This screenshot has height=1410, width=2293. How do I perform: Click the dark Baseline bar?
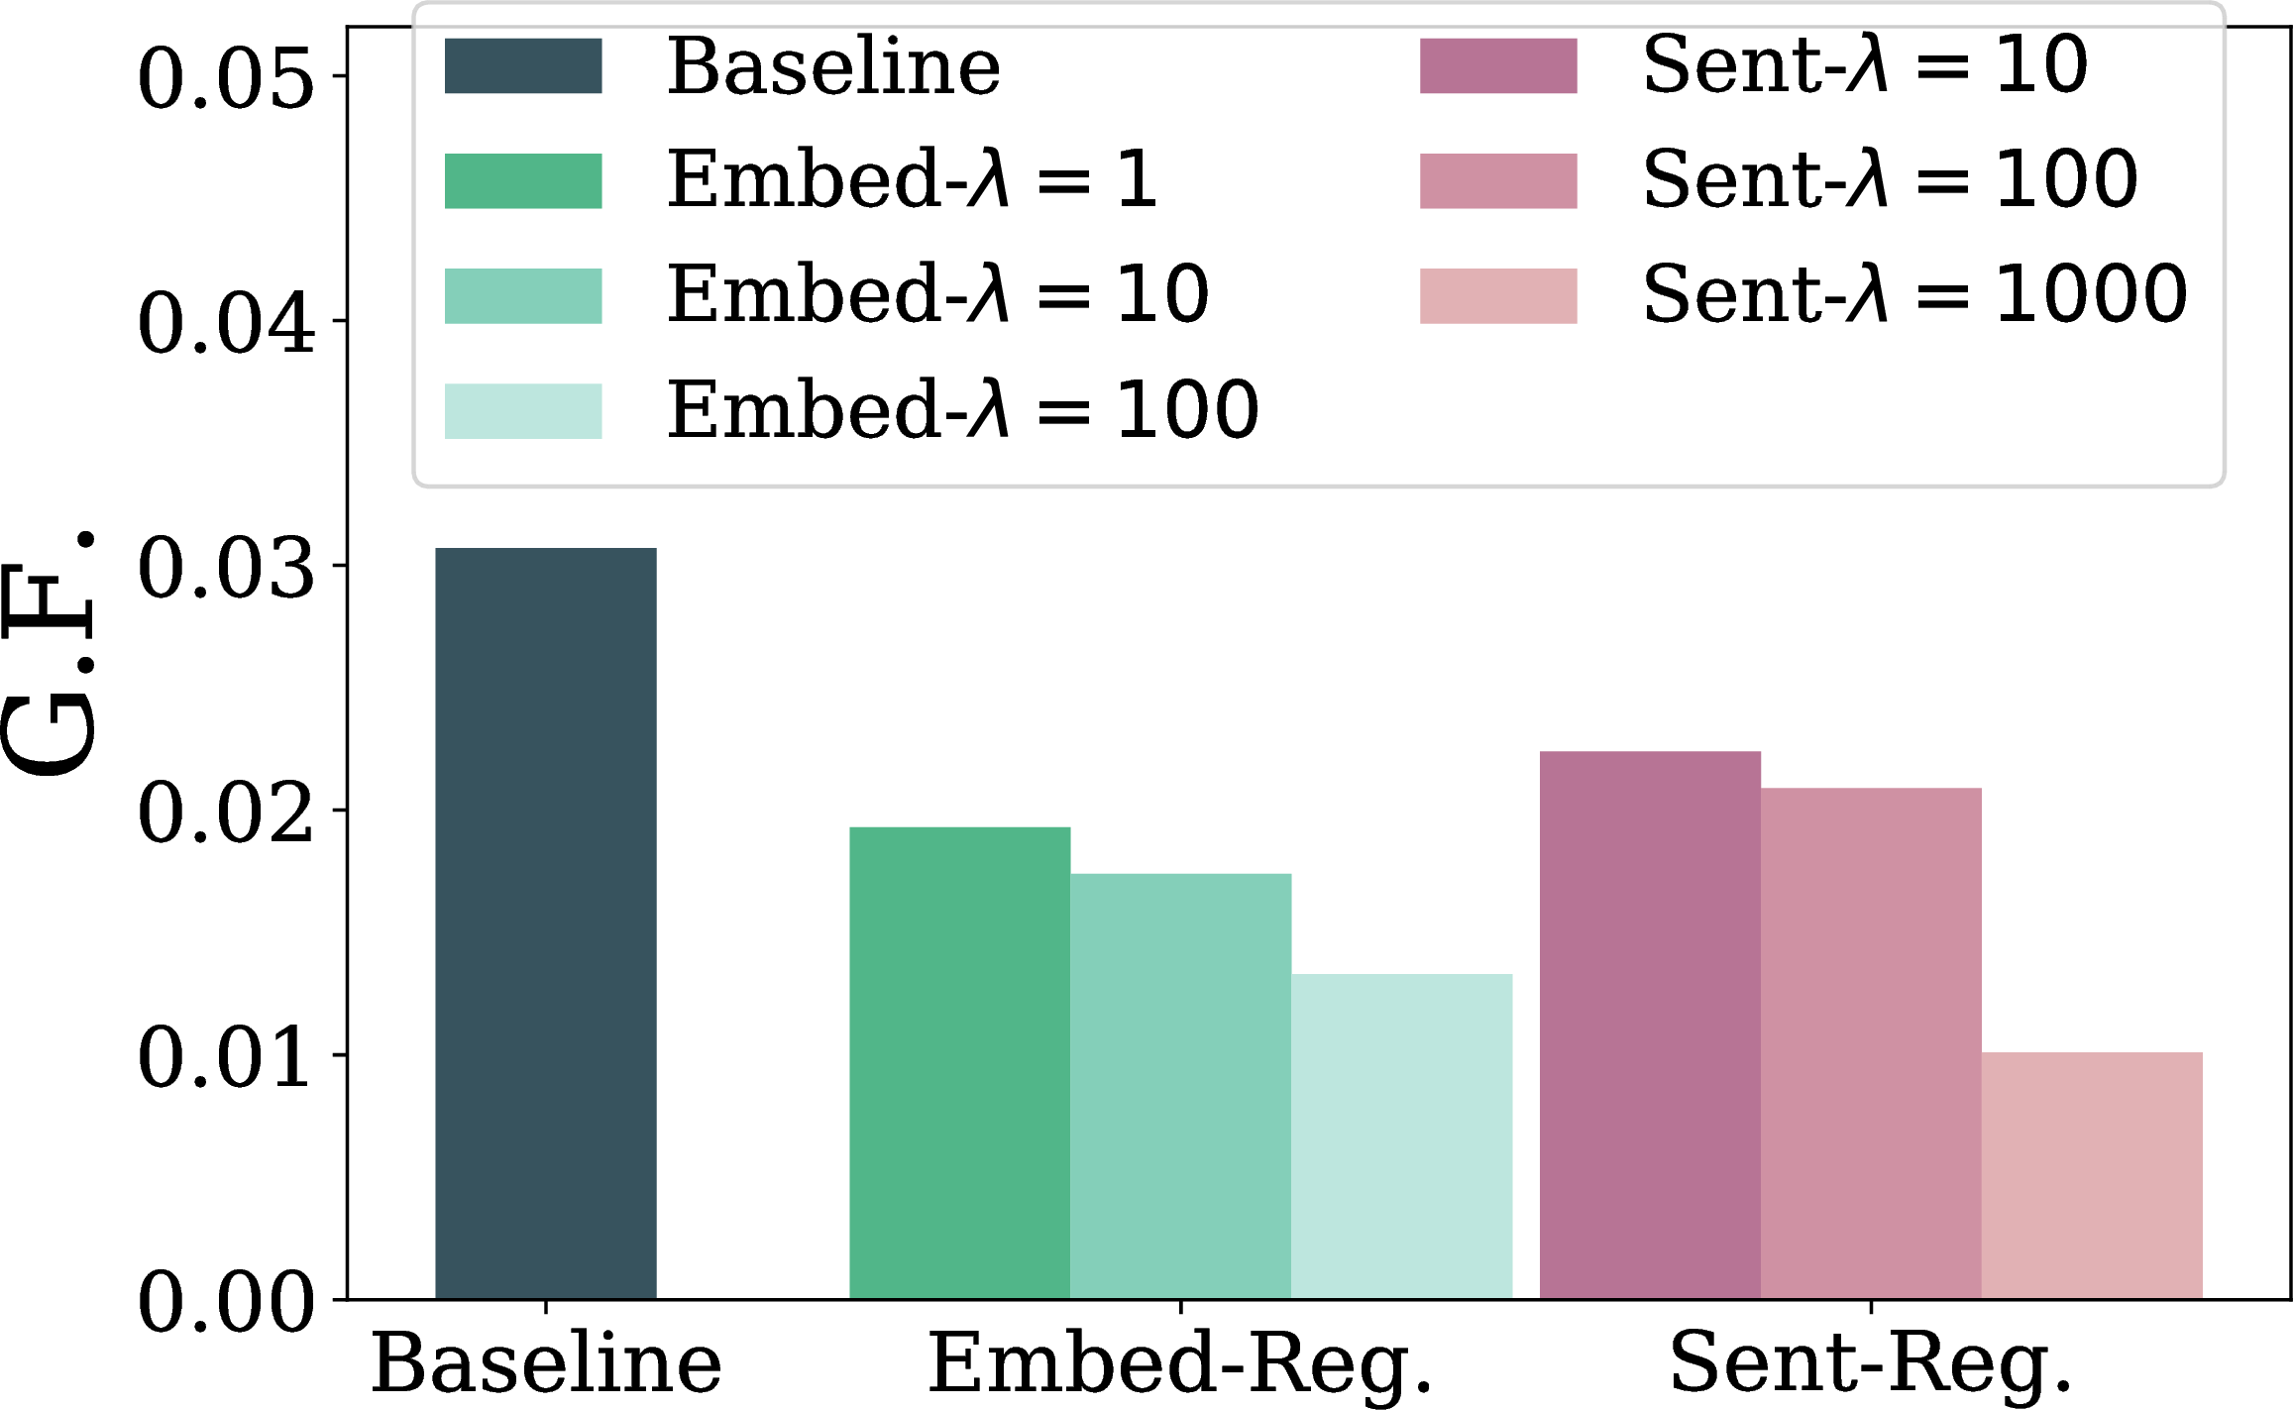546,922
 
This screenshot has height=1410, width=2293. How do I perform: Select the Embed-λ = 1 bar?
960,1062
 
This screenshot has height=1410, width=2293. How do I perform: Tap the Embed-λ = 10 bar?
1181,1086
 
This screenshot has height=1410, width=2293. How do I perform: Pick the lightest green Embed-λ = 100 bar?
1402,1137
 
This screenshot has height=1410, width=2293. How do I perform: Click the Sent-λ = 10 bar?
1651,1025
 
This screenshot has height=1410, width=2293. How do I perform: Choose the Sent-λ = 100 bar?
1872,1043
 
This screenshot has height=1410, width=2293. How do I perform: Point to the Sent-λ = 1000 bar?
2093,1175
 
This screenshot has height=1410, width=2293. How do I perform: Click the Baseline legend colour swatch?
523,66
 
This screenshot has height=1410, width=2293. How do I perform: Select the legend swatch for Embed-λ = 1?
523,181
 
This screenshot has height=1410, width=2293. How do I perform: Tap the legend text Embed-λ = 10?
938,294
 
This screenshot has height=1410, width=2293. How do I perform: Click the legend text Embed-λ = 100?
963,409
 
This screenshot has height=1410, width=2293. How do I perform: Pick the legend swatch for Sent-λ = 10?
1498,66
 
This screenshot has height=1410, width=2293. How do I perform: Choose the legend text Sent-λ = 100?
1891,179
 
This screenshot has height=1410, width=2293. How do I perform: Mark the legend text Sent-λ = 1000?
1915,294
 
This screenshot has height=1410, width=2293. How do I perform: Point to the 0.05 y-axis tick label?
226,78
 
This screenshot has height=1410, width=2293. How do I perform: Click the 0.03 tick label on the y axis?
226,568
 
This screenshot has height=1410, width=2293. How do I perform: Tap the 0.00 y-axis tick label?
226,1302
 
